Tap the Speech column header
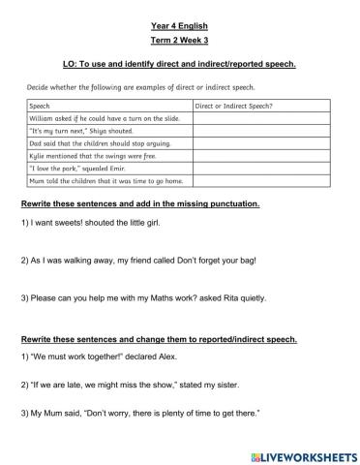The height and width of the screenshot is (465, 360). (x=41, y=104)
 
